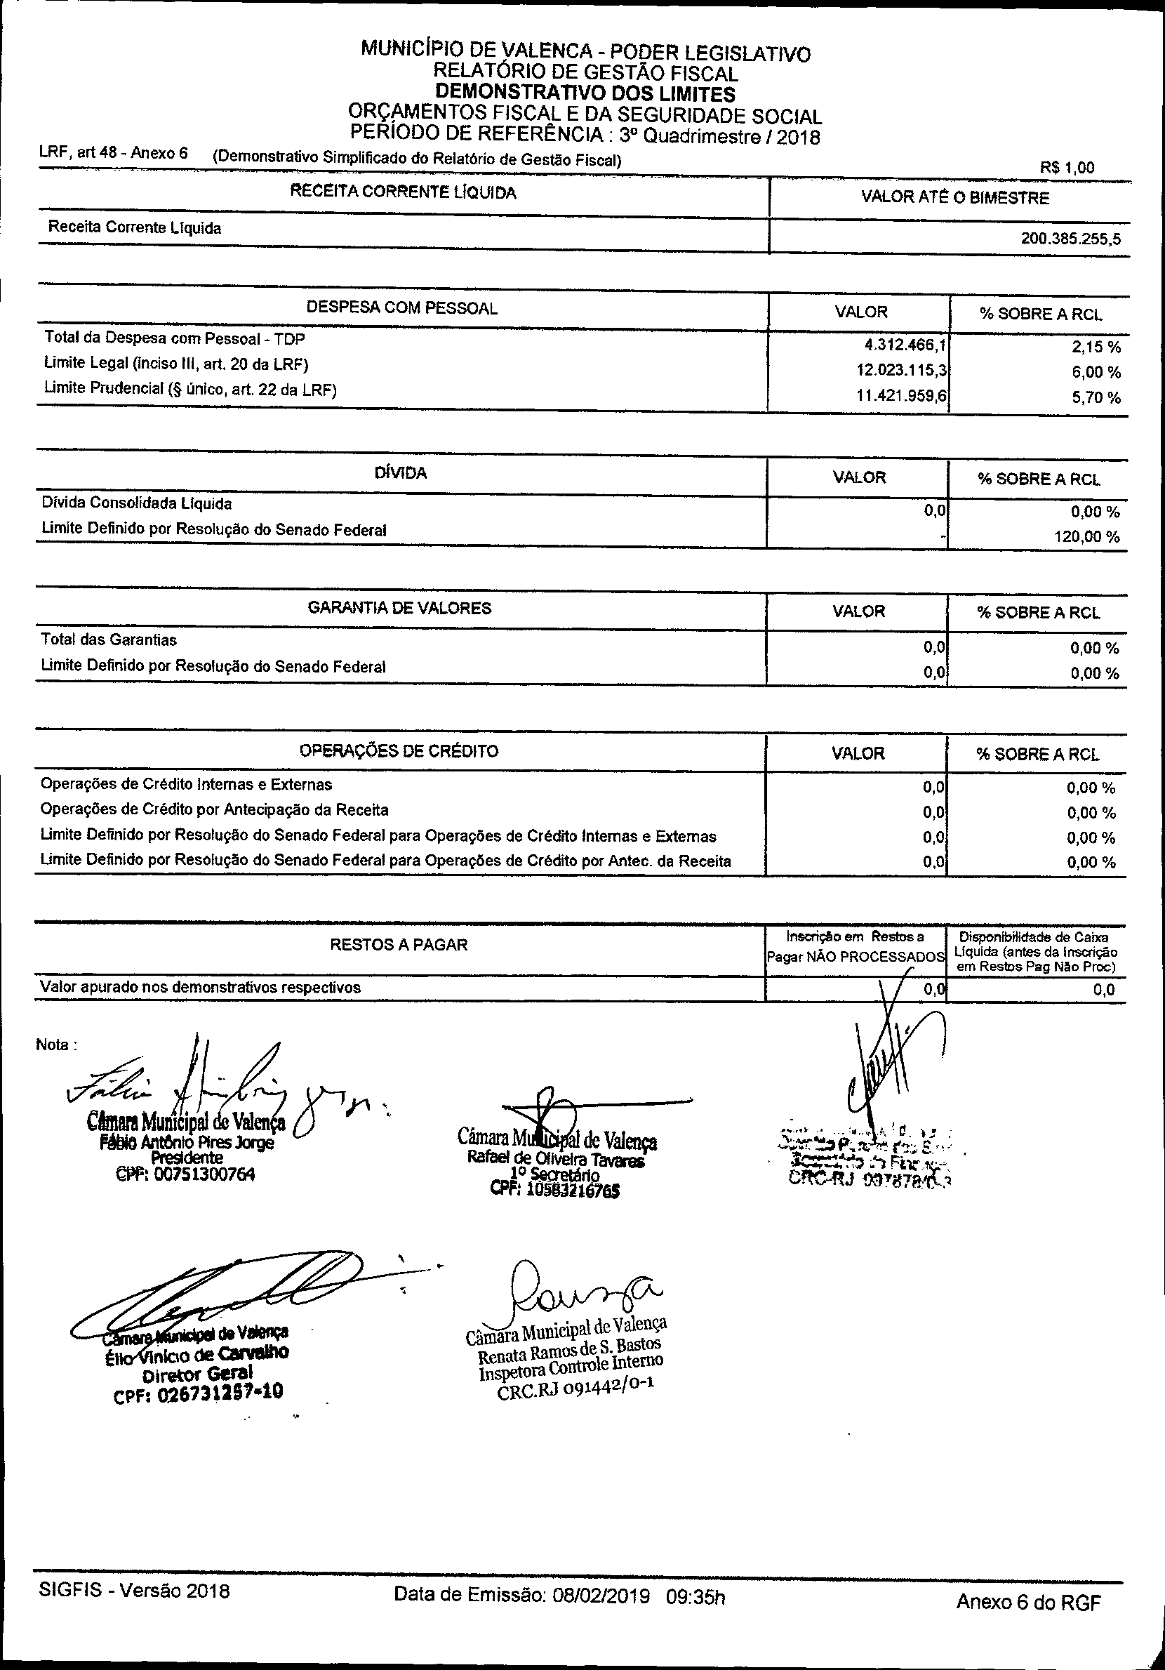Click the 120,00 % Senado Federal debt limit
[x=1086, y=538]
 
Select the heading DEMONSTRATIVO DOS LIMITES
[x=585, y=94]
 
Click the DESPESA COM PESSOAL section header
[x=401, y=307]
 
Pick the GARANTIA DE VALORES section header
[x=400, y=608]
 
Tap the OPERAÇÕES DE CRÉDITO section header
[x=399, y=750]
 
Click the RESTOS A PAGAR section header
[x=399, y=945]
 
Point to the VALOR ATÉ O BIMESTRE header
[x=955, y=198]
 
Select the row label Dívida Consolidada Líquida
[x=137, y=503]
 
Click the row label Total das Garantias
[x=109, y=640]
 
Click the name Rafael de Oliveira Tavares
[x=557, y=1160]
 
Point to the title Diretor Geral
[x=198, y=1373]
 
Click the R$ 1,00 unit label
[x=1067, y=168]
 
